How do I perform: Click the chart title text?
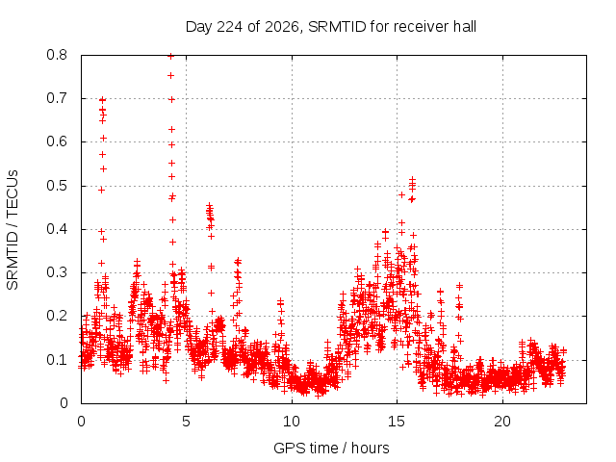[331, 27]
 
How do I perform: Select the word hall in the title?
[465, 27]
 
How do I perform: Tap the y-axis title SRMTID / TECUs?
[13, 230]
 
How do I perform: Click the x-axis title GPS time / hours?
[331, 448]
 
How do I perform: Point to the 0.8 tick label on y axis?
[57, 55]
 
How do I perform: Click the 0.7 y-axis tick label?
[57, 98]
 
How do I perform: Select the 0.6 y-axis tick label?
[57, 141]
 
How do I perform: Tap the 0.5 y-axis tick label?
[57, 186]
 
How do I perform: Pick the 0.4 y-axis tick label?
[57, 229]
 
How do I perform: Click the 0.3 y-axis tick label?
[57, 272]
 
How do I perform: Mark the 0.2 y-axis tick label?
[57, 316]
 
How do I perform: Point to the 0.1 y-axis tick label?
[57, 359]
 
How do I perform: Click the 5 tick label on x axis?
[186, 422]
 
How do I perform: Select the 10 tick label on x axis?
[292, 422]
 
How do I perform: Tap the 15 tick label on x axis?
[397, 422]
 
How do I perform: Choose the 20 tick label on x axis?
[502, 422]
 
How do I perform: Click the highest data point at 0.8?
[171, 56]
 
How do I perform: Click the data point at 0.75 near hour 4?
[171, 75]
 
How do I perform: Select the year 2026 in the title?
[281, 27]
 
